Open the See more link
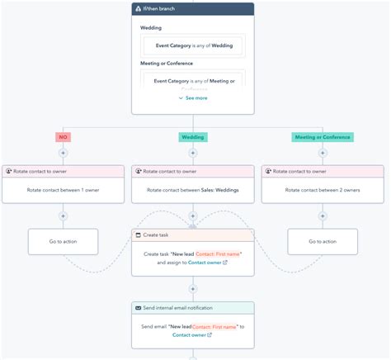point(193,98)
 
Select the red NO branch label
point(63,137)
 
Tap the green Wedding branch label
point(192,137)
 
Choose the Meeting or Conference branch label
point(322,137)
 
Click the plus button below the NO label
point(63,153)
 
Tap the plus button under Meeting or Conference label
point(323,153)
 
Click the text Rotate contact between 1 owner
point(63,190)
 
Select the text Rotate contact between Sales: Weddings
point(192,190)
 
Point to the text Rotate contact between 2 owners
point(323,190)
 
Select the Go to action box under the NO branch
point(63,241)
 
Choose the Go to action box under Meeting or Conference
point(323,241)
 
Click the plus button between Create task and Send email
point(192,289)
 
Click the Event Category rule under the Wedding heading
point(193,46)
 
